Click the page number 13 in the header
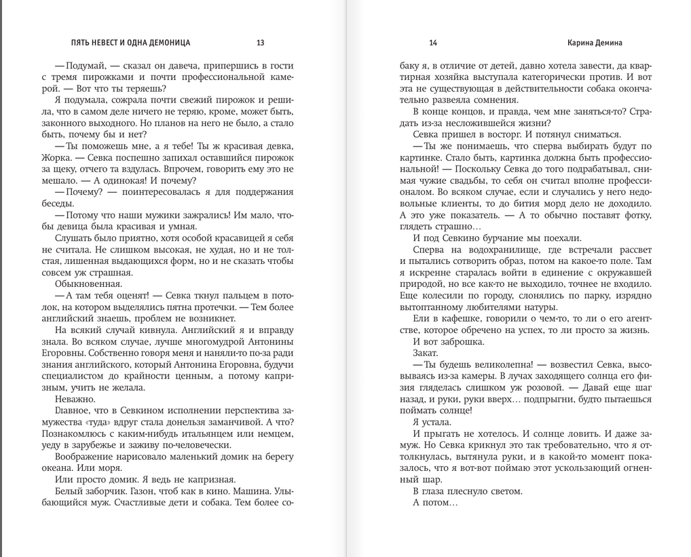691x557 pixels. point(261,43)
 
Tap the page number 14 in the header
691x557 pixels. point(433,43)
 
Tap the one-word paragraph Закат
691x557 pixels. point(425,353)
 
